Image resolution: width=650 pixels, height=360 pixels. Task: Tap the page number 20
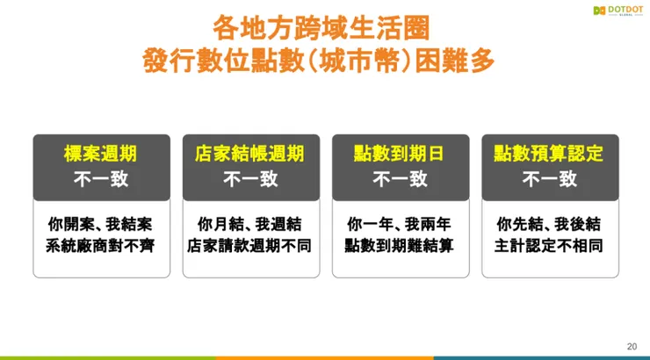coord(632,346)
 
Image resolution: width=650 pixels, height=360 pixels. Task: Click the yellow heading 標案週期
coord(101,154)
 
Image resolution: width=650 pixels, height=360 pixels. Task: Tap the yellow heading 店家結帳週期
coord(250,154)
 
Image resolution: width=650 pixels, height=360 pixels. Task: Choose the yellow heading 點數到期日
coord(400,154)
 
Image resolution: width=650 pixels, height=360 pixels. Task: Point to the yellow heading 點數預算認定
coord(550,154)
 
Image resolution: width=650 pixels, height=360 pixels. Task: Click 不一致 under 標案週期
coord(101,179)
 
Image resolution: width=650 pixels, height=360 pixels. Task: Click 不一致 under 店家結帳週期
coord(250,179)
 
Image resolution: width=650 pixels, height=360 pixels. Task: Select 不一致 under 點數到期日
coord(400,179)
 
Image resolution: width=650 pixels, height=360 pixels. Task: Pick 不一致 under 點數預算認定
coord(550,179)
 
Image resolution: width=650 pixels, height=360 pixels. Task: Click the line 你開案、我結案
coord(101,224)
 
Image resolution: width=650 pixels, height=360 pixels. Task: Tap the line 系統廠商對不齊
coord(101,246)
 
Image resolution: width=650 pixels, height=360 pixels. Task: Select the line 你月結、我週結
coord(250,224)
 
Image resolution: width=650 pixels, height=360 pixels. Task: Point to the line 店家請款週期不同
coord(250,246)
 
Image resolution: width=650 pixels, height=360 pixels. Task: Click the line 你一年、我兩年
coord(400,224)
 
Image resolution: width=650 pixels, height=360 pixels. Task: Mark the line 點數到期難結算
coord(400,246)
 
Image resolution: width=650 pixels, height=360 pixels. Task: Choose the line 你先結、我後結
coord(550,224)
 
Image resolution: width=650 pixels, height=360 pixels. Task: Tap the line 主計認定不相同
coord(550,246)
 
